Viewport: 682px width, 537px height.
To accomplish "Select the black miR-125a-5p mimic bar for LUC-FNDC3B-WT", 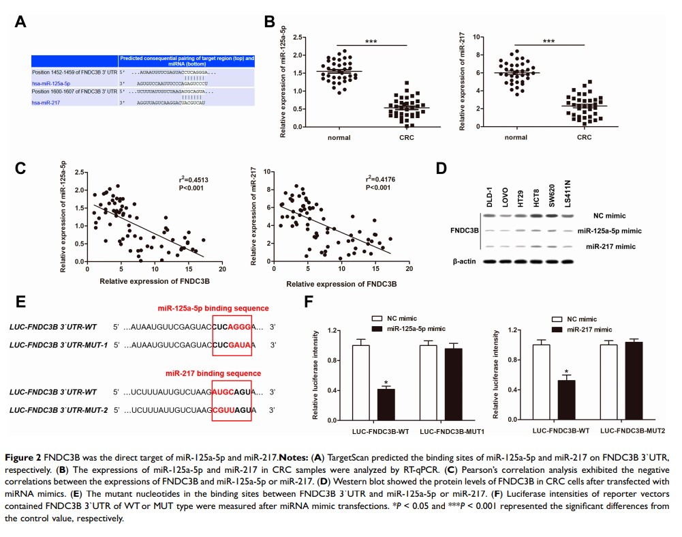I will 386,404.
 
